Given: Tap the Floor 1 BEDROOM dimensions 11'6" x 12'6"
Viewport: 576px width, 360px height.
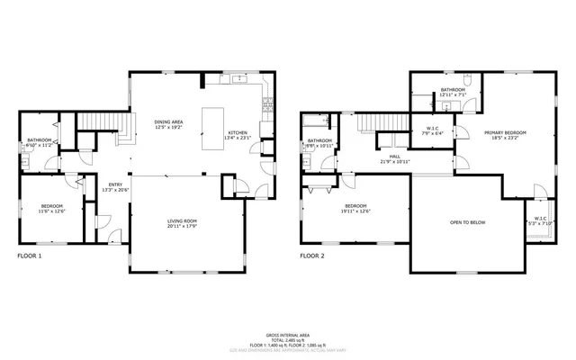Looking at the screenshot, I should tap(52, 212).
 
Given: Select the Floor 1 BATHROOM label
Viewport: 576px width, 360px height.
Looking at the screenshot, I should tap(39, 140).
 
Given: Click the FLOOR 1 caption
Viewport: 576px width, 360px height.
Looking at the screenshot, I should tap(30, 256).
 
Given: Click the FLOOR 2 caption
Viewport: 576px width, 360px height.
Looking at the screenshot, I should tap(311, 256).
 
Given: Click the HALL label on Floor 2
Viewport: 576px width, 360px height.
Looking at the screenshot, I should tap(395, 157).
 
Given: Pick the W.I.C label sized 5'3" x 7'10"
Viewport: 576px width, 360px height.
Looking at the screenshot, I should tap(540, 220).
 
